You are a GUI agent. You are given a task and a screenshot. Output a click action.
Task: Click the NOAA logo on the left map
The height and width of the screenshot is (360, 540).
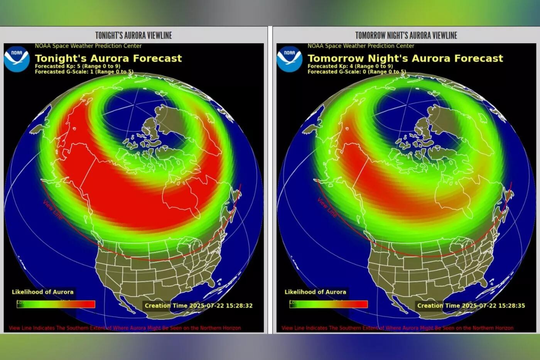tap(17, 59)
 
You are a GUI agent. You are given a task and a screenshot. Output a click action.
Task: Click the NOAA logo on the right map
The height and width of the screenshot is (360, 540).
tap(289, 59)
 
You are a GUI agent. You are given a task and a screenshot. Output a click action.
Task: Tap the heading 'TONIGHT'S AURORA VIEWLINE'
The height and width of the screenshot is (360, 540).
tap(133, 35)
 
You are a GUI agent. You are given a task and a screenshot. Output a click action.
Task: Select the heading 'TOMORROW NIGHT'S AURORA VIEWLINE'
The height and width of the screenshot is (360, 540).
tap(406, 35)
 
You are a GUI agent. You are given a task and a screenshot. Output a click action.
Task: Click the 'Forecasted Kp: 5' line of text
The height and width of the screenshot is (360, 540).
tap(78, 66)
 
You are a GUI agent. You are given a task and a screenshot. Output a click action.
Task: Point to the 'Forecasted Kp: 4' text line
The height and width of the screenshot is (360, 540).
tap(350, 66)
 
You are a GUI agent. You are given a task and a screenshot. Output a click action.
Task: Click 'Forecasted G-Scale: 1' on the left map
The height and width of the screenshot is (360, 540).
tap(84, 72)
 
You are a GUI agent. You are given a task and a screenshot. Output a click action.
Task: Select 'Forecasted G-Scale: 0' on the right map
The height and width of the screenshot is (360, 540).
tap(356, 72)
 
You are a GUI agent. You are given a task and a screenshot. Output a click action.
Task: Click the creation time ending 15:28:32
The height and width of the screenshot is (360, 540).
tap(199, 306)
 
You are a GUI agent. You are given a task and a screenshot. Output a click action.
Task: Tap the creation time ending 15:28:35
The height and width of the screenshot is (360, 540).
tap(471, 306)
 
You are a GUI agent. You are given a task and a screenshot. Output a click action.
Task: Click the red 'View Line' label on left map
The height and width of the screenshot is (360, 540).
tap(52, 210)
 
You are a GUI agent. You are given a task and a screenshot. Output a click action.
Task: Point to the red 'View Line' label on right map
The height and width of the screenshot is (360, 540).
tap(327, 207)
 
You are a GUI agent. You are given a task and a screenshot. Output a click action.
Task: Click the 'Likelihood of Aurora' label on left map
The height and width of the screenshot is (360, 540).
tap(42, 292)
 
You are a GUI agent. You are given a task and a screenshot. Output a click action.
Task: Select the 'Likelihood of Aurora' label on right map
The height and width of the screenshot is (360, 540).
tap(315, 292)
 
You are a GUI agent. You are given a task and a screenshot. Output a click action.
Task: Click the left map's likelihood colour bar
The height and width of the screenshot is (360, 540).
tap(56, 304)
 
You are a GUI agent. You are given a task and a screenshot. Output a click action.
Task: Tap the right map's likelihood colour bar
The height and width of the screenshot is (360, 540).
tap(329, 304)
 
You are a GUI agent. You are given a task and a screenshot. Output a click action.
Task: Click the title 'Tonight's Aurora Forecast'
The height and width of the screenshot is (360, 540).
tap(108, 58)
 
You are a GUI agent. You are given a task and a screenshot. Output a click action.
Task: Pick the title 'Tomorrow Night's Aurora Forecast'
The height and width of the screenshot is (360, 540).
tap(405, 58)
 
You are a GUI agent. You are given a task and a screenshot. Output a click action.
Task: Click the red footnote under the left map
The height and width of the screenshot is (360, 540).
tap(125, 328)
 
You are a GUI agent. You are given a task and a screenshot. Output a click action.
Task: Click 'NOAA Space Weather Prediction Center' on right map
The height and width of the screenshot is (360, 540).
tap(361, 46)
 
